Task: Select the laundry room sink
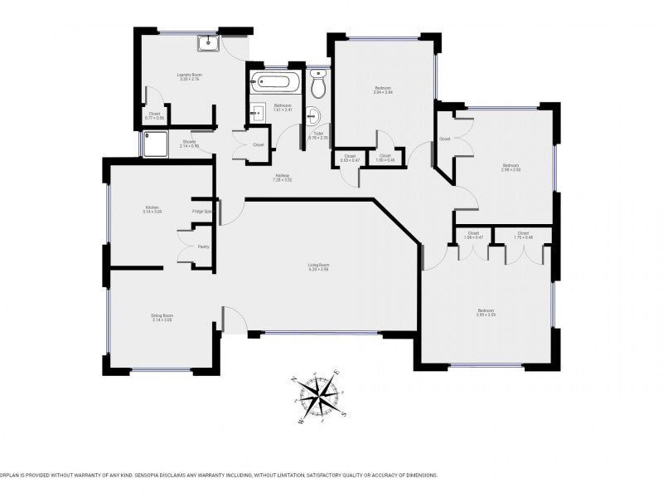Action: coord(206,44)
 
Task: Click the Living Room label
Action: coord(319,265)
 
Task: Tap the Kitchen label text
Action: coord(152,207)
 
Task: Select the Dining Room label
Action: coord(162,315)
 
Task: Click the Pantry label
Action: coord(203,247)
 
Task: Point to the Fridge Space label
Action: coord(202,212)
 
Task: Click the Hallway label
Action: coord(283,176)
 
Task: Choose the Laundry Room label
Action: coord(190,76)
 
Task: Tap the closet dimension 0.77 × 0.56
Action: coord(155,118)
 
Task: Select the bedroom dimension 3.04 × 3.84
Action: coord(382,92)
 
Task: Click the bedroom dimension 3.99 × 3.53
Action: coord(486,315)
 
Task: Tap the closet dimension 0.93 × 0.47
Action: coord(350,159)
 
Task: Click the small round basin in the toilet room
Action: coord(312,115)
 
